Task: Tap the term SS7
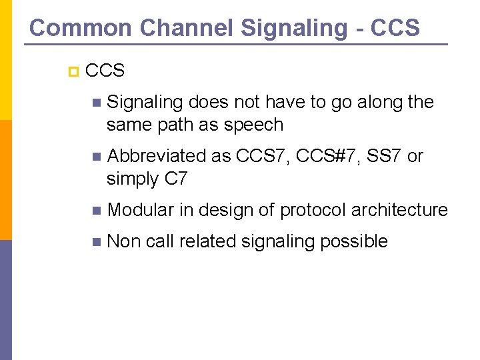(384, 156)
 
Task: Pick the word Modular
(141, 210)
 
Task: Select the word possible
(354, 241)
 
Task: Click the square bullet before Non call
(98, 241)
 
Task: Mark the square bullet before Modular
(98, 211)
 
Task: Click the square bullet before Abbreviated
(98, 157)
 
